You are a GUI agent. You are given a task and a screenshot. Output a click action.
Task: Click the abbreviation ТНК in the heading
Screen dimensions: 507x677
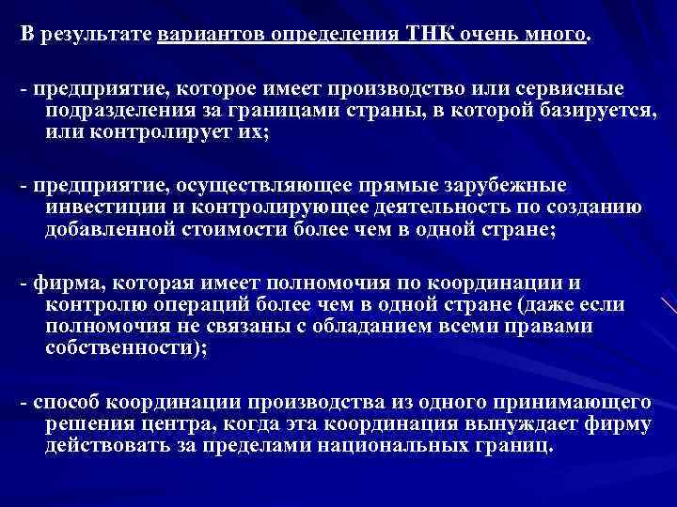point(427,37)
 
